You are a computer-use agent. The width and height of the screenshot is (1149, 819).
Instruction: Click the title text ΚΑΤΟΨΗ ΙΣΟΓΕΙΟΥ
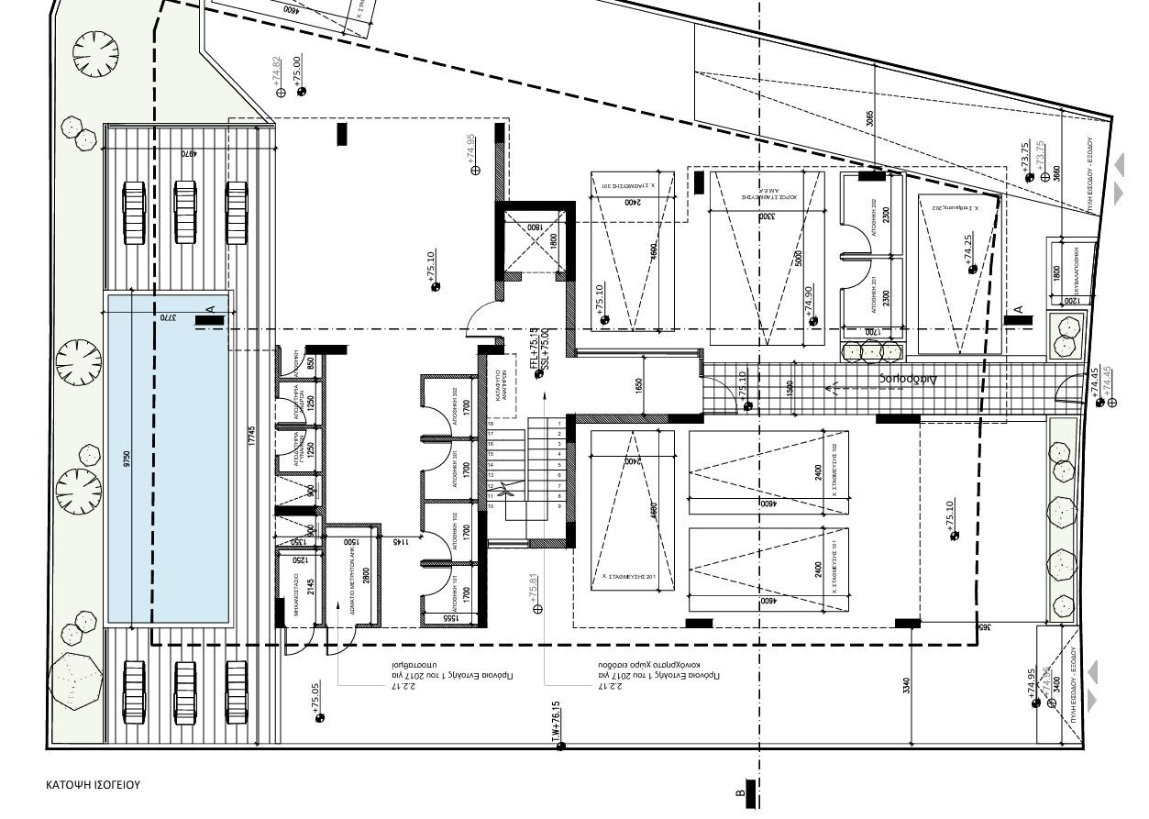(x=94, y=786)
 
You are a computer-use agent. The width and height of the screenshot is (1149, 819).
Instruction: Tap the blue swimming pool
(x=167, y=459)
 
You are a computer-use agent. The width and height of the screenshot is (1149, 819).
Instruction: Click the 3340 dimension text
(x=906, y=685)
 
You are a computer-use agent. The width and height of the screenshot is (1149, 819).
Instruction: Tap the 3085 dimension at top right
(x=870, y=118)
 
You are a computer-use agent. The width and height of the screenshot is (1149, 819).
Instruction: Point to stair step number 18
(x=491, y=424)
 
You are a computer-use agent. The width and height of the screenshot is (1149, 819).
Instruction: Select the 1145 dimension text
(x=400, y=543)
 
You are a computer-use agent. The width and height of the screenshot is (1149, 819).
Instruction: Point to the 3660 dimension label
(x=1056, y=173)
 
